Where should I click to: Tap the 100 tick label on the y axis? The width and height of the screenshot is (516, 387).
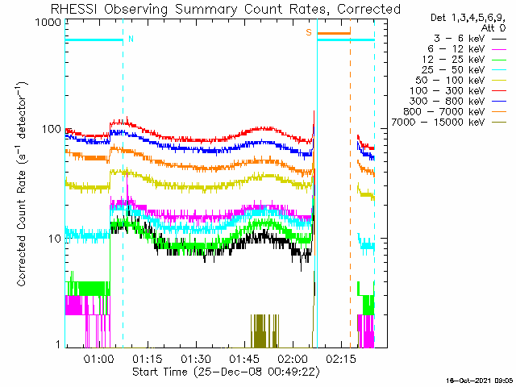coord(50,130)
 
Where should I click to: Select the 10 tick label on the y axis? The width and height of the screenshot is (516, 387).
coord(53,239)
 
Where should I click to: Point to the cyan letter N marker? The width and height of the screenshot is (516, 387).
coord(131,38)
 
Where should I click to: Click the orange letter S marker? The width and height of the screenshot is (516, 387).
coord(308,32)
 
